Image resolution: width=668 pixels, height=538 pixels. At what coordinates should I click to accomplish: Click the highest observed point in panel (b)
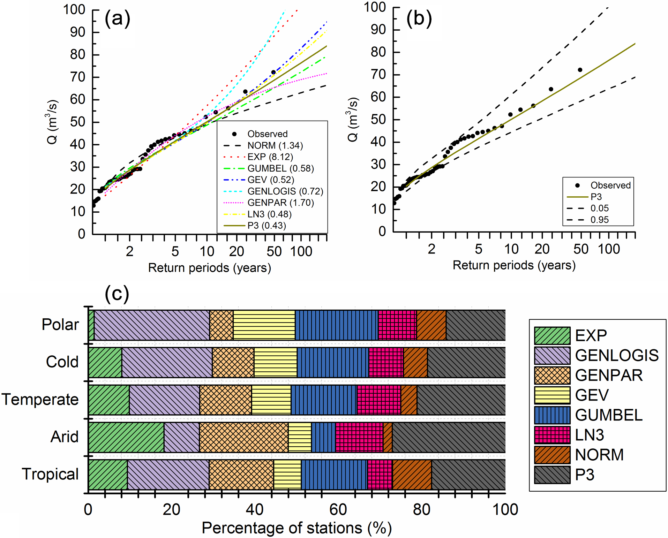click(x=580, y=70)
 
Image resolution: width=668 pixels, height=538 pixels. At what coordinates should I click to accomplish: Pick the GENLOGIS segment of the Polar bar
click(x=152, y=325)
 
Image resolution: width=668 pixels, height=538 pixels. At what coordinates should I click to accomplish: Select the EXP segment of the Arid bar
click(x=126, y=437)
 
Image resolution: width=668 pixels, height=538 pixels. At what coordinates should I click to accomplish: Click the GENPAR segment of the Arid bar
click(x=244, y=437)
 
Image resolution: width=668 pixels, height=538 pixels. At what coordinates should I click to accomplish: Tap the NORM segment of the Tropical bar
click(x=412, y=475)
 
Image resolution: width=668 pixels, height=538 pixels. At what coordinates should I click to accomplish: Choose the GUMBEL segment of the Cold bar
click(x=333, y=362)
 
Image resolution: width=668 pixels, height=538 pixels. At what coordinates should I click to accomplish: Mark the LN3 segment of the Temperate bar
click(x=379, y=400)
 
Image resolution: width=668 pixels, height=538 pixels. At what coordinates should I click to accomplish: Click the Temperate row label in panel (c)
click(x=40, y=400)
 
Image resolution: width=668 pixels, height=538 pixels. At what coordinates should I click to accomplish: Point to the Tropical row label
click(x=50, y=474)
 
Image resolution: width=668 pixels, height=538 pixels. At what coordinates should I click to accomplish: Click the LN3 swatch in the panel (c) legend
click(x=552, y=435)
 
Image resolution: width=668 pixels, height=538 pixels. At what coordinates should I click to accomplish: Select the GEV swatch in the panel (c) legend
click(x=552, y=395)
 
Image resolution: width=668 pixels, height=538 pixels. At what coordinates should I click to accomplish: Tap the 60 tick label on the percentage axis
click(x=338, y=510)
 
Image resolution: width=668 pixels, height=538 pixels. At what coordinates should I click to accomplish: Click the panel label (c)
click(x=117, y=294)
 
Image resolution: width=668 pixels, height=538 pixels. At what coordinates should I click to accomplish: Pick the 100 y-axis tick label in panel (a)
click(x=74, y=10)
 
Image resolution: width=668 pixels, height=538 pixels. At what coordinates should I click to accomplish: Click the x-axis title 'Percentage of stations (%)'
click(x=297, y=528)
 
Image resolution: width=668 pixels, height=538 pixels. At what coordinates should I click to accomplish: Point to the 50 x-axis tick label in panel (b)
click(x=581, y=249)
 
